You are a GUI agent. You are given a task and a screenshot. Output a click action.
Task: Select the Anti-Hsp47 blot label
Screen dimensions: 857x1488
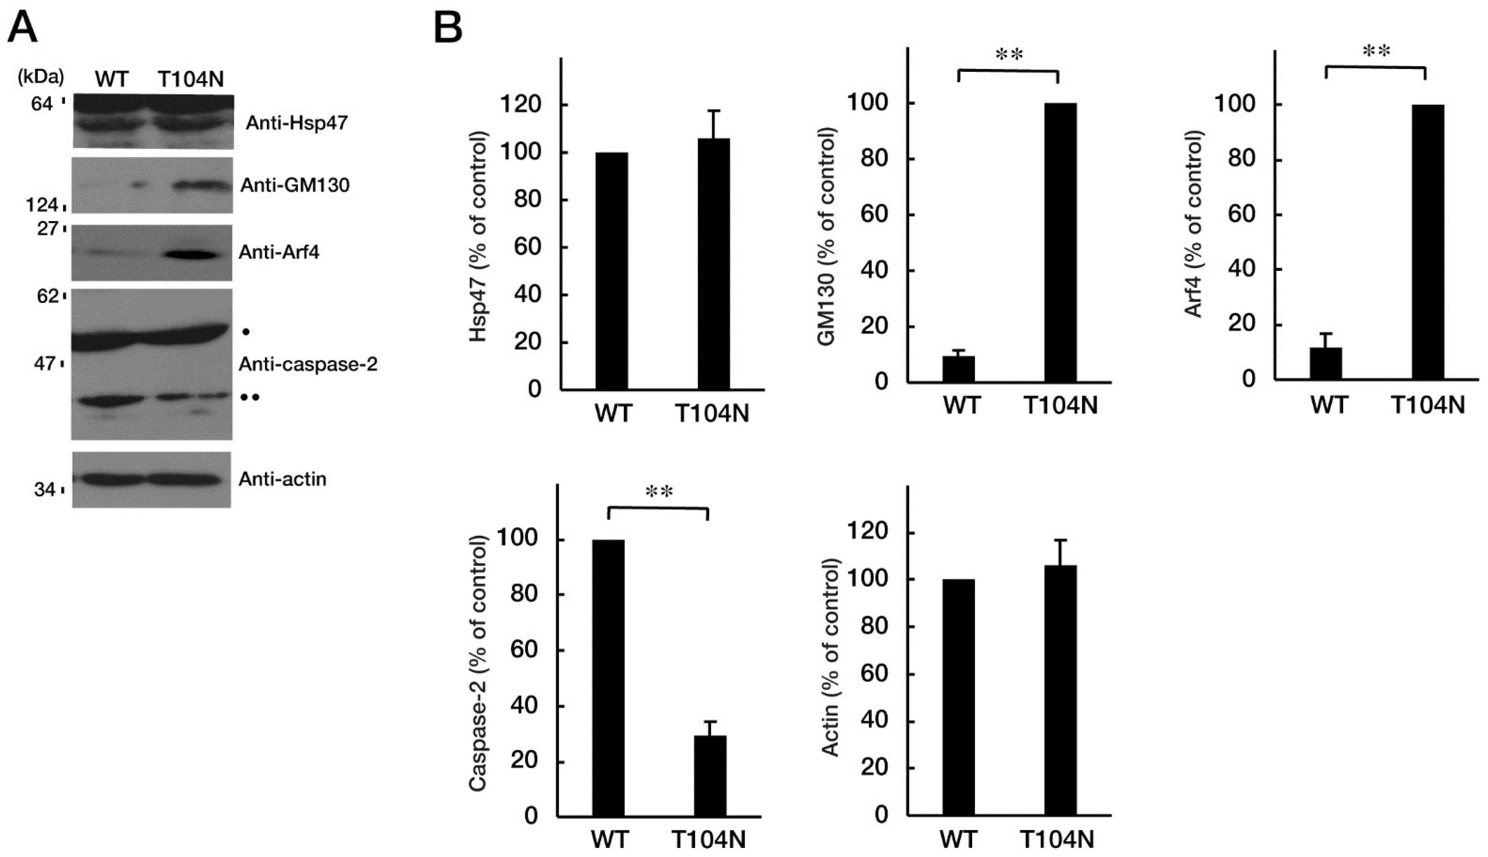pyautogui.click(x=297, y=123)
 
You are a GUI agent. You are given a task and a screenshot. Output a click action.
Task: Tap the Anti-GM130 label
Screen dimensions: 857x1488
pyautogui.click(x=295, y=185)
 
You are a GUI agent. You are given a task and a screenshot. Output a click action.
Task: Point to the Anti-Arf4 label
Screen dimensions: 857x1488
pyautogui.click(x=279, y=253)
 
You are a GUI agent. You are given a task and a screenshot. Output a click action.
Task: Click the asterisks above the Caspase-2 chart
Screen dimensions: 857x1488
pyautogui.click(x=659, y=492)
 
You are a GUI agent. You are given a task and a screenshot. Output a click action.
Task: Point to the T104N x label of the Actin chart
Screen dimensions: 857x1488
pyautogui.click(x=1057, y=839)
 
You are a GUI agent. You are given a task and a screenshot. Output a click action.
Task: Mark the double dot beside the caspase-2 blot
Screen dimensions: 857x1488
pyautogui.click(x=249, y=397)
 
